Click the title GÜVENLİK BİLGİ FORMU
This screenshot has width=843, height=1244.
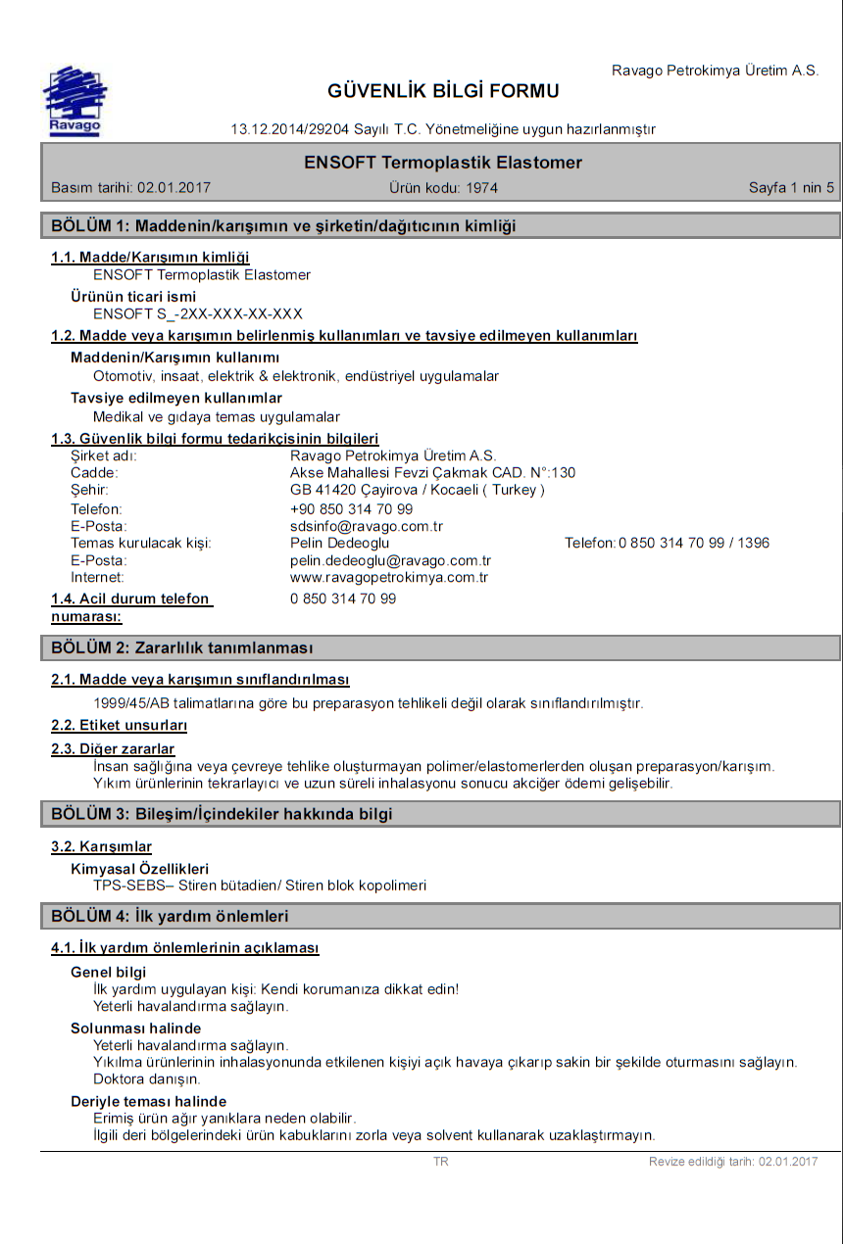tap(443, 91)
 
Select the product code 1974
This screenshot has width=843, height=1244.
tap(481, 187)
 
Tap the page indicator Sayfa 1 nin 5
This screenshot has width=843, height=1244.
tap(791, 187)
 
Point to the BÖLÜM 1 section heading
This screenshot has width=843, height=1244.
tap(283, 226)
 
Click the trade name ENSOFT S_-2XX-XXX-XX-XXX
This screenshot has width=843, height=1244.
tap(198, 313)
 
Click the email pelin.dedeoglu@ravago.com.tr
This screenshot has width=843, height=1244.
tap(390, 560)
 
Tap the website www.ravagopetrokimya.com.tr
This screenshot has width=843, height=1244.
tap(389, 577)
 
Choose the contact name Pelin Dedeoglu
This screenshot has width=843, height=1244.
tap(339, 543)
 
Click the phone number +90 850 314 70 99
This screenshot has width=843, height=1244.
tap(351, 509)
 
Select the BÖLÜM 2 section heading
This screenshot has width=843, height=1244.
tap(181, 647)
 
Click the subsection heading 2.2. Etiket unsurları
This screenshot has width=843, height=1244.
tap(119, 726)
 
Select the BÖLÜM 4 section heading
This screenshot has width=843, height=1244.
tap(170, 916)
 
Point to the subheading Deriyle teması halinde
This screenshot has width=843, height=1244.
tap(148, 1101)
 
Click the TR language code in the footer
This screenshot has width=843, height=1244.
tap(441, 1162)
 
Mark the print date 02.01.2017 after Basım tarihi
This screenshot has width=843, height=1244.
tap(174, 187)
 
